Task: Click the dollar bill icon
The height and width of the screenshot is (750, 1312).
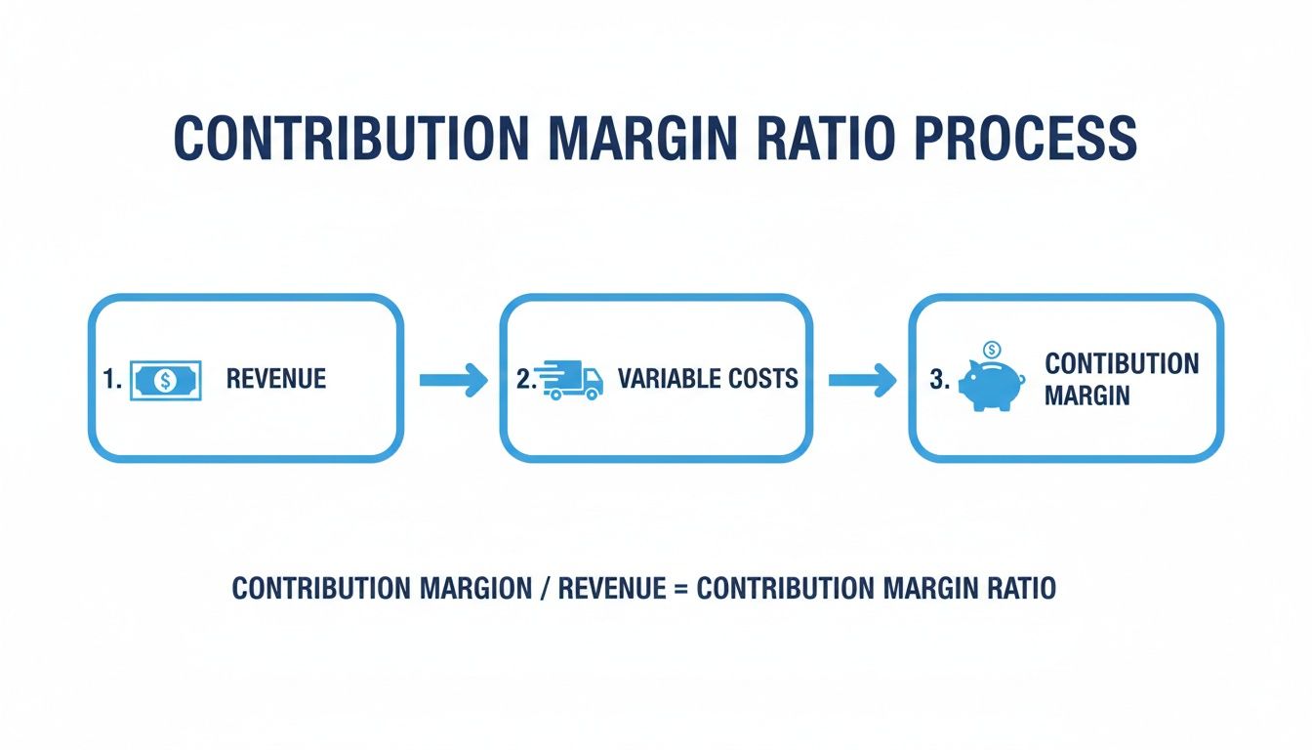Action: (166, 380)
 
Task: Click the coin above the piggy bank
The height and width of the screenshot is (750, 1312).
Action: (992, 350)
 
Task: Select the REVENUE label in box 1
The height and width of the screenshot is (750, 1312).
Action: (276, 379)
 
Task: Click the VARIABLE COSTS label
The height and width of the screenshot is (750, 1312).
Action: (708, 379)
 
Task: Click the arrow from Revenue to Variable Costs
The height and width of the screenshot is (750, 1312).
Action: (453, 379)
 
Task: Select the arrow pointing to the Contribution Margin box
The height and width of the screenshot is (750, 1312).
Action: (862, 379)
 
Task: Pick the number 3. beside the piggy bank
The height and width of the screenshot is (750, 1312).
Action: (939, 380)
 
